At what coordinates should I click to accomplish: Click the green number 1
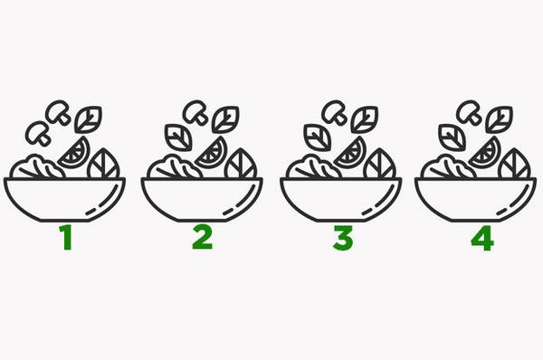coord(66,237)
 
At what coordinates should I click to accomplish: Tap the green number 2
coord(202,237)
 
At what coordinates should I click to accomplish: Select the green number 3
coord(343,238)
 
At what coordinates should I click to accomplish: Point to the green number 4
coord(482,238)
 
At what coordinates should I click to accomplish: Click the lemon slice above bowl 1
coord(75,154)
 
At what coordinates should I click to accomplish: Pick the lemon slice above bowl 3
coord(351,153)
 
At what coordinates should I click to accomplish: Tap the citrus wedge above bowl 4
coord(486,153)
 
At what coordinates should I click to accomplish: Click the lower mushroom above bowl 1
coord(38,133)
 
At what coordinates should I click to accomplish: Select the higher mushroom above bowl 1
coord(59,112)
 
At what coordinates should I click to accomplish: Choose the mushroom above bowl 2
coord(195,112)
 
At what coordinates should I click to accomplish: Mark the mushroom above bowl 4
coord(470,112)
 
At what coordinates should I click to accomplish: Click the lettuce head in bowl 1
coord(37,167)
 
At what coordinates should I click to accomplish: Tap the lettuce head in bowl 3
coord(313,167)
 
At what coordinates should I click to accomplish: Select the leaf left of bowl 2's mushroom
coord(178,137)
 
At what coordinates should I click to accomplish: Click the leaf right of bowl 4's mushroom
coord(499,119)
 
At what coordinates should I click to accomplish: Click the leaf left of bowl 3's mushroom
coord(318,137)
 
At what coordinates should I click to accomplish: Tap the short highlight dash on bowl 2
coord(228,212)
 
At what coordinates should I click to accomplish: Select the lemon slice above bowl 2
coord(213,153)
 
